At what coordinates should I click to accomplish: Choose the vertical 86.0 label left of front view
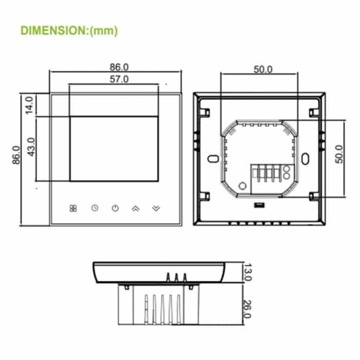[x=15, y=155]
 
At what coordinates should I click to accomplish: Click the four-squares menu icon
[x=73, y=208]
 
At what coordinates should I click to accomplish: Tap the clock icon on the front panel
[x=95, y=208]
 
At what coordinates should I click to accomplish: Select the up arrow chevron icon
[x=136, y=208]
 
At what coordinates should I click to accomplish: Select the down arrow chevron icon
[x=156, y=208]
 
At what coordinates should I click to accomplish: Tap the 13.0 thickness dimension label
[x=247, y=272]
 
